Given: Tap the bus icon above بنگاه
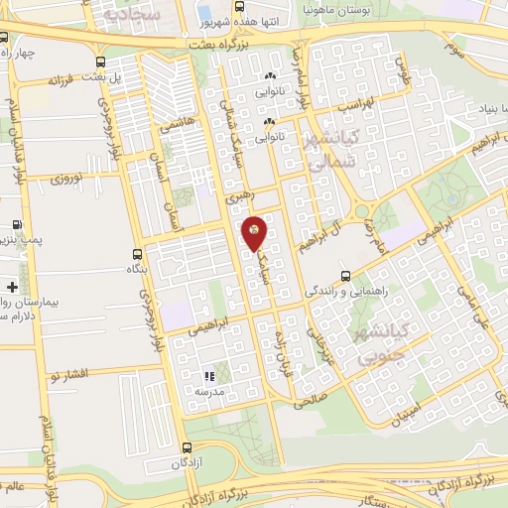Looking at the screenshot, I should tap(136, 254).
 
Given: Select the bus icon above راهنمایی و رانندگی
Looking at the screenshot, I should tap(345, 276).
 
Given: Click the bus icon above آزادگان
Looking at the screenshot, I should tap(188, 449).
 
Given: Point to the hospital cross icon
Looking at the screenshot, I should tap(12, 286).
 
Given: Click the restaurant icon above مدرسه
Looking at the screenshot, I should tap(208, 377).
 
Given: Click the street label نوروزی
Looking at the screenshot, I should tap(70, 179).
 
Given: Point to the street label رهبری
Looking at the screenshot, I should tap(239, 197).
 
